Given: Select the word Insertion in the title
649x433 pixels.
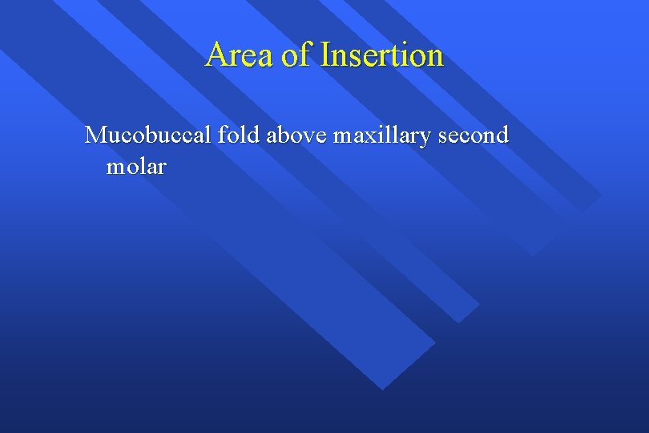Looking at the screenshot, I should tap(381, 55).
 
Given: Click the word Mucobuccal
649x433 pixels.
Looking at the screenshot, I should tap(148, 135).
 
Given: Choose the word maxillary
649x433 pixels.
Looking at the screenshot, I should tap(382, 136).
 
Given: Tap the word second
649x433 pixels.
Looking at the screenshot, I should tap(474, 135).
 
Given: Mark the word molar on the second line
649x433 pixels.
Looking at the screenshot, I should tap(135, 167).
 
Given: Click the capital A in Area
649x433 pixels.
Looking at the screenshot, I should tap(217, 55).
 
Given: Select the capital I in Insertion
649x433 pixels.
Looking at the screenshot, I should tap(325, 55).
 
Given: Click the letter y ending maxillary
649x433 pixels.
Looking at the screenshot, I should tap(428, 139).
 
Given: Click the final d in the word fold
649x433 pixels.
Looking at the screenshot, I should tap(254, 135).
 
